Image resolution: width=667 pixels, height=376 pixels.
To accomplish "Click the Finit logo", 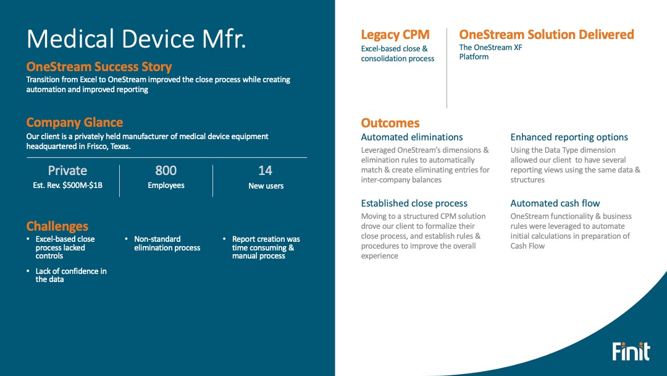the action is click(x=631, y=351).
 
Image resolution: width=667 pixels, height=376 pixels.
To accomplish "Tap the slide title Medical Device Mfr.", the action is click(x=136, y=39).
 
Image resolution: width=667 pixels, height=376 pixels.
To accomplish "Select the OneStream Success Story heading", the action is click(x=99, y=67).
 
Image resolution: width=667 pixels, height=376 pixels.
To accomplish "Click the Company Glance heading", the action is click(x=75, y=122).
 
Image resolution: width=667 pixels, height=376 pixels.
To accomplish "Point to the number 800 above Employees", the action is click(x=166, y=171).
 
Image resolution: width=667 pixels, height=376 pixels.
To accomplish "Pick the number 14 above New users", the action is click(x=266, y=171).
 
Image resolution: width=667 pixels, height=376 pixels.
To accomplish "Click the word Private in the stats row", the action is click(x=67, y=171).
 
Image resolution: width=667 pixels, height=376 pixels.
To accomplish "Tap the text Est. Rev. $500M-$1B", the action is click(x=68, y=186).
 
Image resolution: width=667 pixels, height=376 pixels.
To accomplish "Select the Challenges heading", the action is click(x=57, y=226).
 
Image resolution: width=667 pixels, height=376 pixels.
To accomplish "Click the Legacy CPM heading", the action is click(x=395, y=35).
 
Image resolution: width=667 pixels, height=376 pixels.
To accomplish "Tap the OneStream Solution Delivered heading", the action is click(x=547, y=35).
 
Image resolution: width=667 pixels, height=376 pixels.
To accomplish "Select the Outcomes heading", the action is click(x=390, y=123).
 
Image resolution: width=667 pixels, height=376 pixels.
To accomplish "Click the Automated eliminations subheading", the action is click(x=412, y=137).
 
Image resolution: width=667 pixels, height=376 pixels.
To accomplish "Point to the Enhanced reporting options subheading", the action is click(x=569, y=137).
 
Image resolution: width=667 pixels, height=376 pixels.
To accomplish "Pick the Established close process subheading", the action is click(x=414, y=203).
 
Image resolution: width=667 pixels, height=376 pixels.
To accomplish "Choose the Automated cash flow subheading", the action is click(x=555, y=203).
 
